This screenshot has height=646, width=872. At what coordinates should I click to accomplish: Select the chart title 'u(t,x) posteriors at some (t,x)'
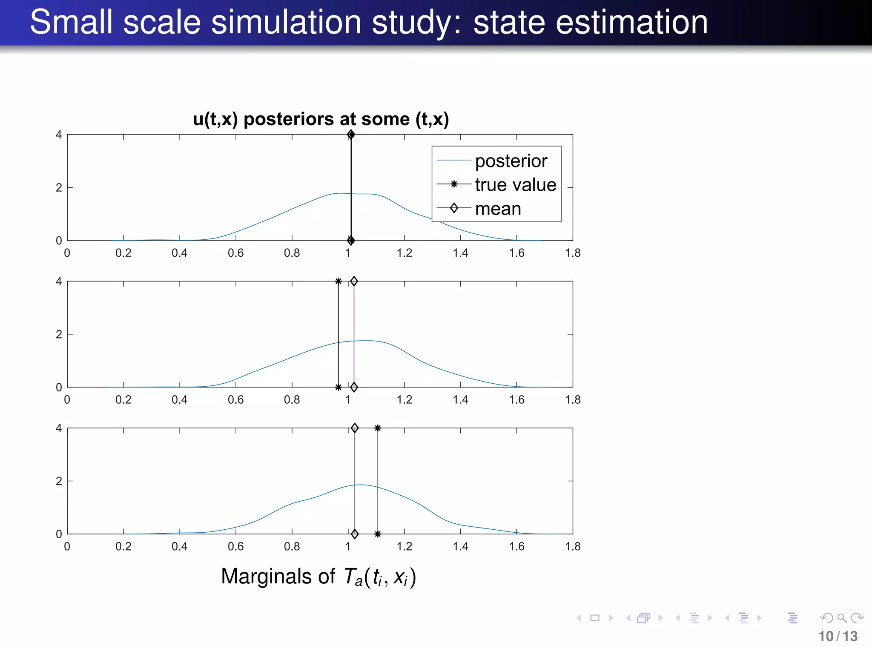(x=321, y=119)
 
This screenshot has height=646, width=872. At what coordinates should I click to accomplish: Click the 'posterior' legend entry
(x=511, y=161)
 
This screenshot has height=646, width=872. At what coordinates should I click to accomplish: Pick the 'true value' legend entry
(x=515, y=185)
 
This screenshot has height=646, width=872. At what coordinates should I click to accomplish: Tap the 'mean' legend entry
(x=498, y=209)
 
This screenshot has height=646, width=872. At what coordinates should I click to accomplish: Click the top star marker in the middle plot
(x=338, y=281)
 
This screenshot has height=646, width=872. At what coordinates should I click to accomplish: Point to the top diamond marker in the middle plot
(x=354, y=281)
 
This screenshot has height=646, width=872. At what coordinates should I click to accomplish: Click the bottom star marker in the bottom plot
(x=378, y=534)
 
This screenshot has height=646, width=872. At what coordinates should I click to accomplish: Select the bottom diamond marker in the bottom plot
(x=355, y=534)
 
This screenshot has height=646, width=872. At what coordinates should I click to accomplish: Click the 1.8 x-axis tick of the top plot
(x=573, y=253)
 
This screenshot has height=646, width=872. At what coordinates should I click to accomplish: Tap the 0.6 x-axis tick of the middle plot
(x=235, y=400)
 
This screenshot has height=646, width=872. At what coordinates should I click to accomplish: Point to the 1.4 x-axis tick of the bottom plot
(x=460, y=546)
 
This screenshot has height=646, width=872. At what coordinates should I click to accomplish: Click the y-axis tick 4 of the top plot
(x=59, y=135)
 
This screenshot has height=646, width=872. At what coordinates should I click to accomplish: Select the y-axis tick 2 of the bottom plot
(x=59, y=481)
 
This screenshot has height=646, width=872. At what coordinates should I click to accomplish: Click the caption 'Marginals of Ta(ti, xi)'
(x=318, y=577)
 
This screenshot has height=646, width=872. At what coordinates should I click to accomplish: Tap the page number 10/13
(x=838, y=636)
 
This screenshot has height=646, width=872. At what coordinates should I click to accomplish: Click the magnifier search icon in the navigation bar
(x=841, y=617)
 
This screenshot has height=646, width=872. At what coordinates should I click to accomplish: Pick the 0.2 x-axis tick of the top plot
(x=123, y=253)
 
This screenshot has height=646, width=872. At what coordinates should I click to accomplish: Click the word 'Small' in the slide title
(x=71, y=22)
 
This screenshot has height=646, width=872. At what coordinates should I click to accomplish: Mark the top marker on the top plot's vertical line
(x=351, y=135)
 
